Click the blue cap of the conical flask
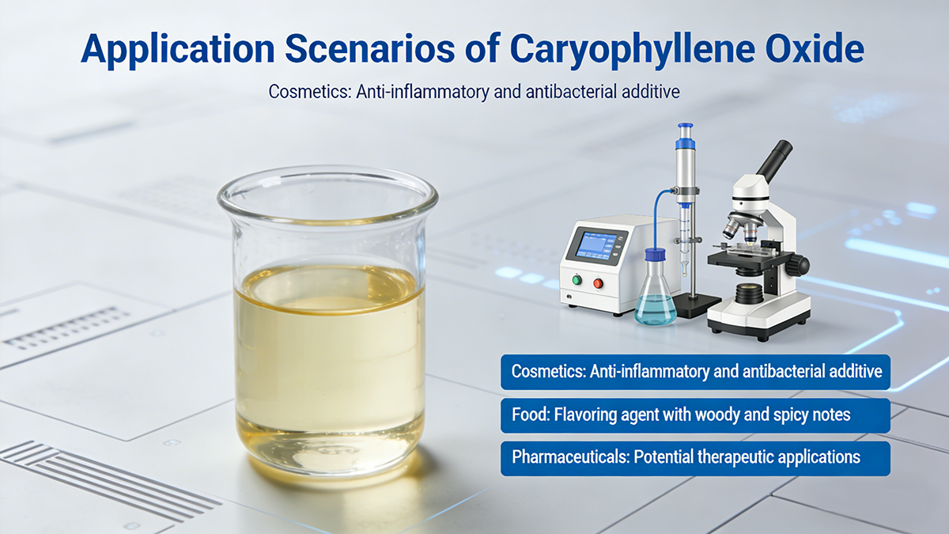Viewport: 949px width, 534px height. pyautogui.click(x=656, y=256)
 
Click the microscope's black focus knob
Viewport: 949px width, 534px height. pyautogui.click(x=795, y=265)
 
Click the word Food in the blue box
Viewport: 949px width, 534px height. pyautogui.click(x=529, y=415)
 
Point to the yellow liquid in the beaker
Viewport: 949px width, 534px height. pyautogui.click(x=328, y=364)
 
